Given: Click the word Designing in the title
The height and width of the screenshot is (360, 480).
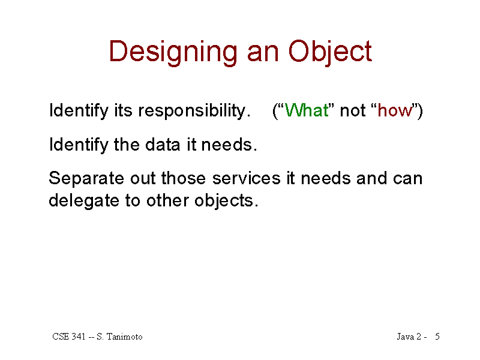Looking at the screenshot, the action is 173,53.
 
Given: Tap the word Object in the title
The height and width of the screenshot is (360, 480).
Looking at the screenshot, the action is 330,53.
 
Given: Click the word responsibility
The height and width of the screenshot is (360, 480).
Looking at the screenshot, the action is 194,110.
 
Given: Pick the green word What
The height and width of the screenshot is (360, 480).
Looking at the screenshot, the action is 307,110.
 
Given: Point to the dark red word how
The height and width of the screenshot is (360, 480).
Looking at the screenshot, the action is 395,110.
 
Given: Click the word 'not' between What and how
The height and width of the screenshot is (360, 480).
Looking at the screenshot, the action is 352,111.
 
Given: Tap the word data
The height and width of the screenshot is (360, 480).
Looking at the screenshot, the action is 163,144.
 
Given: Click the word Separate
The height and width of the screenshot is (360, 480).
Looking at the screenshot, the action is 86,179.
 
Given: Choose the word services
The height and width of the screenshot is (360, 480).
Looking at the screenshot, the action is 246,178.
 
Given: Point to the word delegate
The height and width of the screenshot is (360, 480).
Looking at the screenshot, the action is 83,201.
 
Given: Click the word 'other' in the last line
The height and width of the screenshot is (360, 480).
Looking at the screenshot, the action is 167,200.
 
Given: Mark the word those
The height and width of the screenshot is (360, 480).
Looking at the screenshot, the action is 184,178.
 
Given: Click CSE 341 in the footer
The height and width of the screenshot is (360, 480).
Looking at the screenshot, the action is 69,337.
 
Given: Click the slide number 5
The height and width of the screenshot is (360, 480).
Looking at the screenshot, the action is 437,337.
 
